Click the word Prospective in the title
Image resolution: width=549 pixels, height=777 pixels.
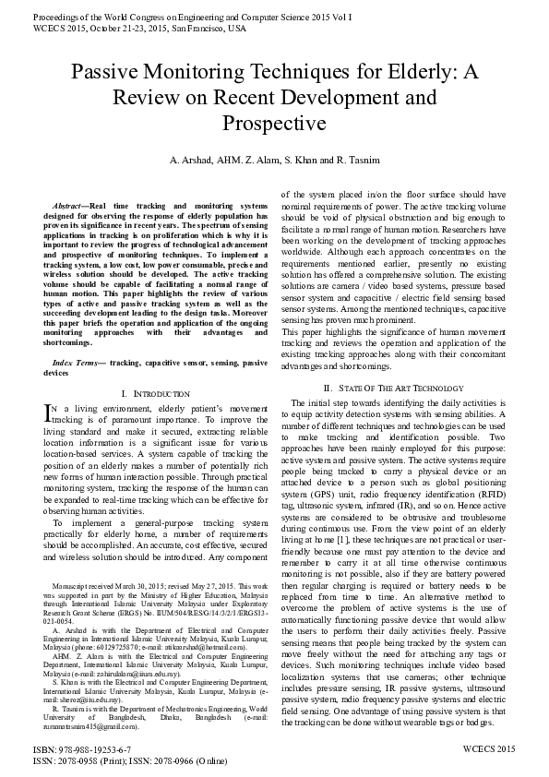pos(274,122)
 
